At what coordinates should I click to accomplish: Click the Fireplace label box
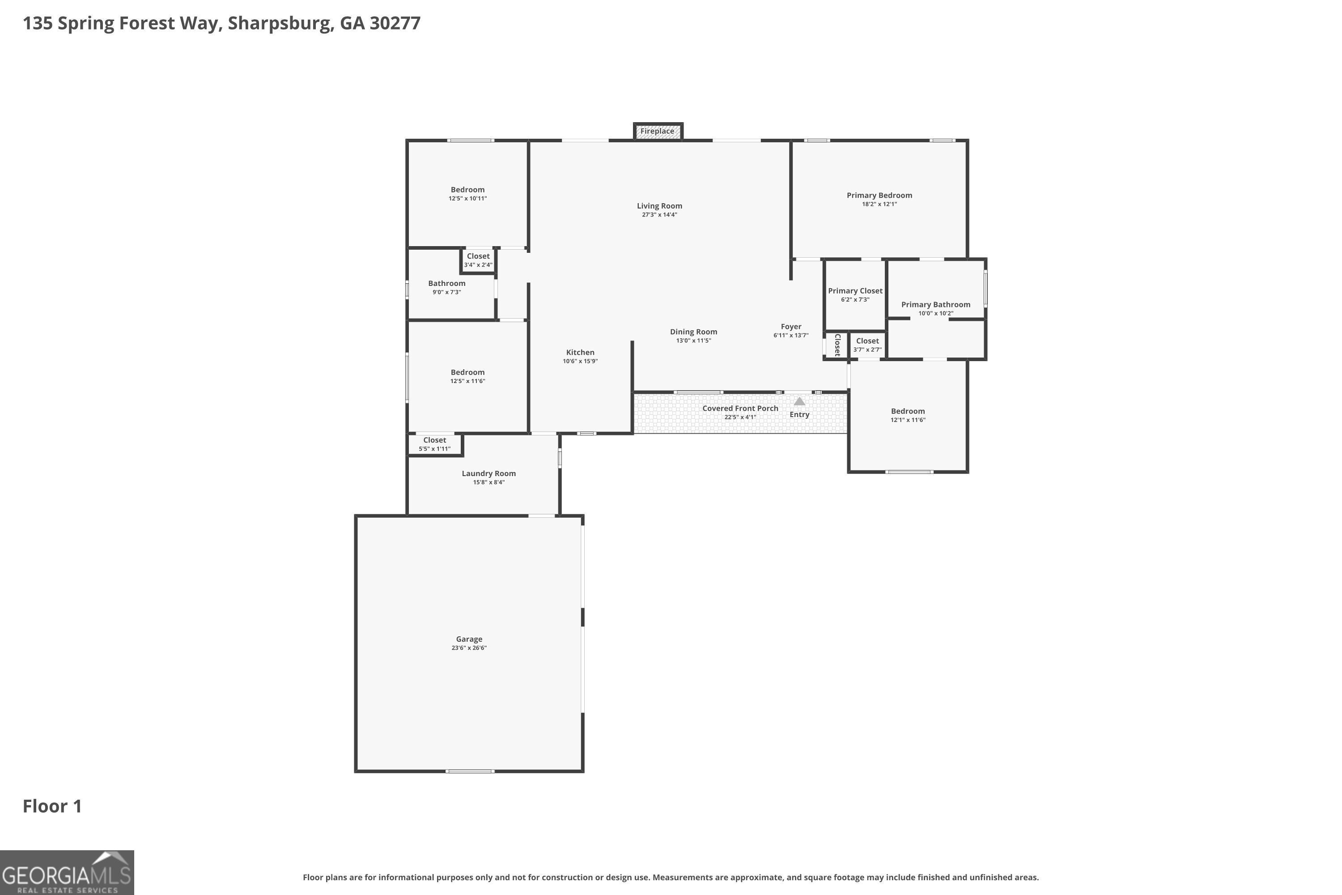pyautogui.click(x=657, y=131)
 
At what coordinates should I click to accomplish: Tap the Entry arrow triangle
pyautogui.click(x=799, y=401)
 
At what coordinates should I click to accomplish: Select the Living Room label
pyautogui.click(x=659, y=206)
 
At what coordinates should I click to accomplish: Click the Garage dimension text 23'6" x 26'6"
pyautogui.click(x=468, y=648)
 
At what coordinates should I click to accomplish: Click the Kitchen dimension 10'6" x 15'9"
pyautogui.click(x=580, y=361)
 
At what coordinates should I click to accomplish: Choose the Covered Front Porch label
pyautogui.click(x=739, y=409)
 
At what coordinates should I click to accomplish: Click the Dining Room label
pyautogui.click(x=693, y=332)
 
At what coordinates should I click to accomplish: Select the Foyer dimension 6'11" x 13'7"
pyautogui.click(x=790, y=336)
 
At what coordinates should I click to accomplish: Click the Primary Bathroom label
pyautogui.click(x=935, y=305)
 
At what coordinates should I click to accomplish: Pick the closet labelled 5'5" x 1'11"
pyautogui.click(x=434, y=444)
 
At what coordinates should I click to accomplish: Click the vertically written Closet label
pyautogui.click(x=837, y=345)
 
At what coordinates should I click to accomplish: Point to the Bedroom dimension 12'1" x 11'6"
pyautogui.click(x=907, y=420)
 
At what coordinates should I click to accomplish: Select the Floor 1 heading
pyautogui.click(x=52, y=806)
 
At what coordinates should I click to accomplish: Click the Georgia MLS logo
pyautogui.click(x=67, y=872)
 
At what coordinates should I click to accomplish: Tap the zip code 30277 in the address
pyautogui.click(x=395, y=23)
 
